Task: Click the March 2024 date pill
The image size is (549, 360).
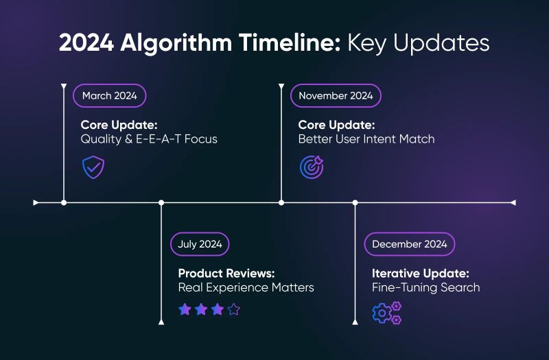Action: click(109, 95)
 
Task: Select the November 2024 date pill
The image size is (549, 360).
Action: click(336, 95)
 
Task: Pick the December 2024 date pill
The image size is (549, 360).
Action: click(409, 244)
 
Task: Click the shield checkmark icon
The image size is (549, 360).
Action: click(93, 167)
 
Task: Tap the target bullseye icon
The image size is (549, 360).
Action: click(311, 167)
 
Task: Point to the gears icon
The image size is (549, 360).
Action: click(386, 313)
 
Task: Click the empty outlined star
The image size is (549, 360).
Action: click(234, 309)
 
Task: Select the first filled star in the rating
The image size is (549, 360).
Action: click(185, 309)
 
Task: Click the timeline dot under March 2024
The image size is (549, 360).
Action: click(64, 202)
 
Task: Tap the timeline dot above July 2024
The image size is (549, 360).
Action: click(161, 202)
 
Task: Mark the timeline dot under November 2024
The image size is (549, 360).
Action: click(281, 202)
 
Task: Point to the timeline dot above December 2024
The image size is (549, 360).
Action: click(355, 202)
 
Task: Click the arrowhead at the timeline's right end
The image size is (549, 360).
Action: click(511, 202)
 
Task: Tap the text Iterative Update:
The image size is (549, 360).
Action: click(421, 272)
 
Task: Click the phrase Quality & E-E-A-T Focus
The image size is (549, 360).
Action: click(149, 139)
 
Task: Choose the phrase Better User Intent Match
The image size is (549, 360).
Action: click(366, 139)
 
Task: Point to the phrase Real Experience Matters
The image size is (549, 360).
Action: click(246, 287)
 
